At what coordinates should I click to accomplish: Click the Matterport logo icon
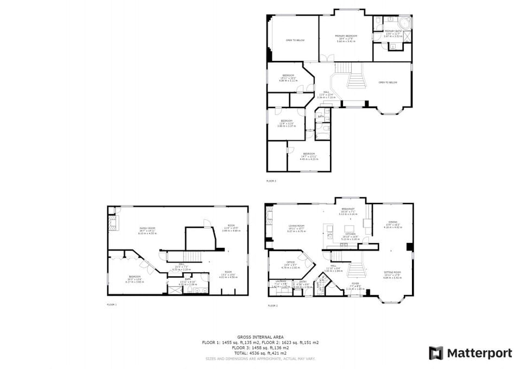[x=436, y=353]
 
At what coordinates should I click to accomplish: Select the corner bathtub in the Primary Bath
[x=404, y=23]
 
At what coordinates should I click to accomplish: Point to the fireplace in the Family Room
[x=112, y=223]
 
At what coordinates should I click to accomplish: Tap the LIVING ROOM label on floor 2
[x=296, y=226]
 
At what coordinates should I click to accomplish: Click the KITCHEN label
[x=350, y=234]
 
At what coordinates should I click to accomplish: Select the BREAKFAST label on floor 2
[x=348, y=209]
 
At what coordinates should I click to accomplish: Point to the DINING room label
[x=392, y=222]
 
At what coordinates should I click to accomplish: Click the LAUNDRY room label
[x=280, y=282]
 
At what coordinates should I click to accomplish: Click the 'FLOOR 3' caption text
[x=271, y=180]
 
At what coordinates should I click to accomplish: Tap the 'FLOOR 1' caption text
[x=112, y=305]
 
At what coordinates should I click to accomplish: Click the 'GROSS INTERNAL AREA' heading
[x=260, y=337]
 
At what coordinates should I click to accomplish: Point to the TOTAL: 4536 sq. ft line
[x=260, y=353]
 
